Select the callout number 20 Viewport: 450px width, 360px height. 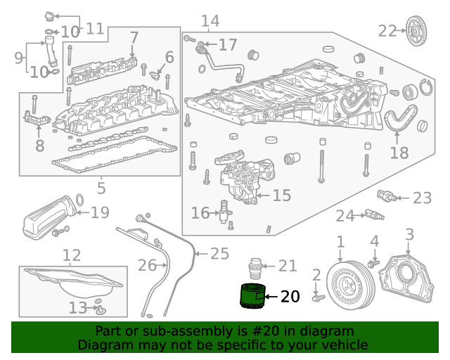[x=290, y=297]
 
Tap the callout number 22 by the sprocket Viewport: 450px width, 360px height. [x=387, y=30]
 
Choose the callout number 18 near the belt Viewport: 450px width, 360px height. [x=399, y=153]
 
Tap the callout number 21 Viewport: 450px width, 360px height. [x=288, y=265]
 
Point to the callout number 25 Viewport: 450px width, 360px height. [x=219, y=253]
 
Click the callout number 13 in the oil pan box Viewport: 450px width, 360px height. [x=78, y=307]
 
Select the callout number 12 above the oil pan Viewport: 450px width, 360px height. [x=72, y=255]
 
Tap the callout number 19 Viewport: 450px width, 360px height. [x=100, y=212]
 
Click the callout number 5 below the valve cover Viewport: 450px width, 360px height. [x=101, y=188]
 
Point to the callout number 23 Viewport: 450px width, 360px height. [x=422, y=198]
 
